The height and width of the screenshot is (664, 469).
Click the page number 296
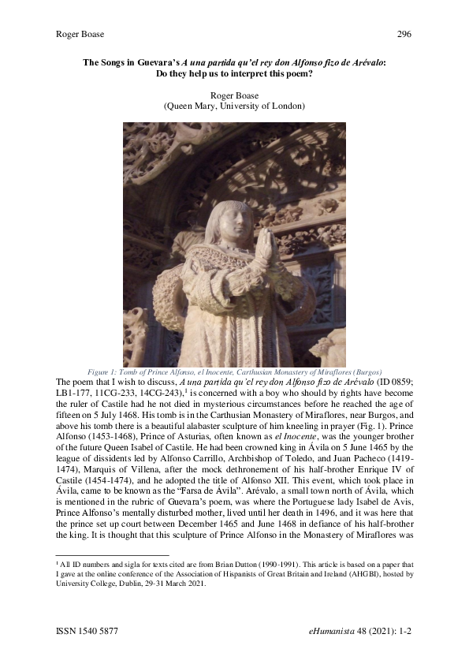pos(403,34)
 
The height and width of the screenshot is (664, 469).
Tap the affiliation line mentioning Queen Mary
pos(234,106)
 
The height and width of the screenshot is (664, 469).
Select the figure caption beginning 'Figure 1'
pos(234,371)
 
